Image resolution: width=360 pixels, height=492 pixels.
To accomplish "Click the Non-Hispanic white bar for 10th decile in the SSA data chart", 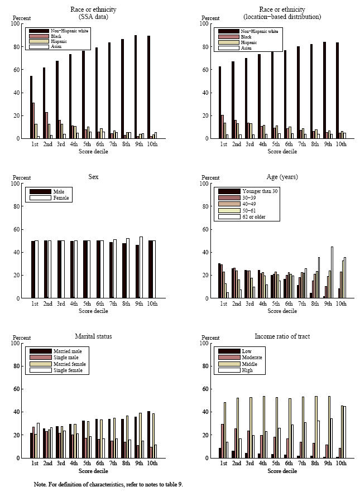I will [x=148, y=87].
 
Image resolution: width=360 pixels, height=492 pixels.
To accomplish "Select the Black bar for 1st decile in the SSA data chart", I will [x=33, y=120].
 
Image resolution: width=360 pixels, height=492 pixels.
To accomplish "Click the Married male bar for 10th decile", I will [x=148, y=435].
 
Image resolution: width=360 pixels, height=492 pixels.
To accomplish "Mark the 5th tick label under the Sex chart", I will [x=87, y=303].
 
